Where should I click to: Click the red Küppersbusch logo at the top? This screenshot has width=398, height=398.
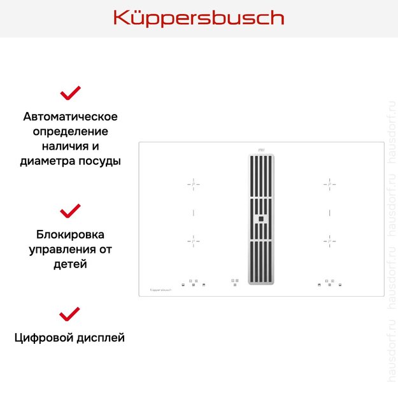(x=199, y=18)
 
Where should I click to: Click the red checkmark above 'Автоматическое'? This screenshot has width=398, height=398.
(x=70, y=93)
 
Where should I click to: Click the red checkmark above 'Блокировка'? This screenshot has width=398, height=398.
(x=70, y=210)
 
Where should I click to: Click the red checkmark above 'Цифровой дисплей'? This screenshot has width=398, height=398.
(x=70, y=313)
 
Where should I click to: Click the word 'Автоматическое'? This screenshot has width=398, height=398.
(x=70, y=117)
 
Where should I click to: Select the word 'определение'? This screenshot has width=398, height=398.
(x=70, y=132)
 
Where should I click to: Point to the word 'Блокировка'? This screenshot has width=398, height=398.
(x=70, y=234)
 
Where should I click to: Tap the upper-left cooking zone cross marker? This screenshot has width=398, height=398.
(x=194, y=183)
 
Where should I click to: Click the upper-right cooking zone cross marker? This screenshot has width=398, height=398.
(x=329, y=183)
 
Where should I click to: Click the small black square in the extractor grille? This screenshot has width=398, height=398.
(x=260, y=219)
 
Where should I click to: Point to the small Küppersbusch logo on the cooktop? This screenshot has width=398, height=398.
(x=162, y=289)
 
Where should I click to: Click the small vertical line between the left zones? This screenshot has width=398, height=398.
(x=194, y=211)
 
